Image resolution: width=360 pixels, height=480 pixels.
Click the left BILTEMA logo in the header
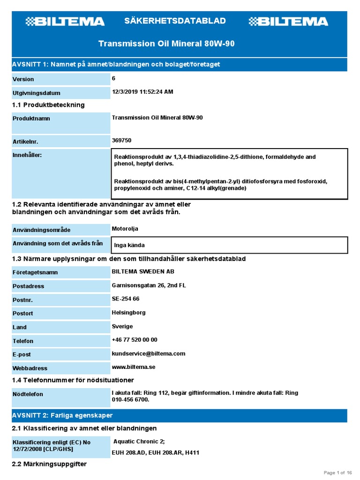point(65,22)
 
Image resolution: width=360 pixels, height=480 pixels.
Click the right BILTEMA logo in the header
point(288,22)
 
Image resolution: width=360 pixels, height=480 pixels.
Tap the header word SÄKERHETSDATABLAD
point(175,21)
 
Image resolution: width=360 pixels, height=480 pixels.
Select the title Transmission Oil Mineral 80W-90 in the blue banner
point(166,44)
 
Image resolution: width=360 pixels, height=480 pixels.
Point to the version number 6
point(113,78)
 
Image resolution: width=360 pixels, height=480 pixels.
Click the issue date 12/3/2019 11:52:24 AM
point(142,92)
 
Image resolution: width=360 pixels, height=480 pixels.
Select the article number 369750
point(121,140)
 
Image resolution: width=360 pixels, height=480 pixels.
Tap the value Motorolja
point(125,229)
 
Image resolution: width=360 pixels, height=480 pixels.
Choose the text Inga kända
point(129,245)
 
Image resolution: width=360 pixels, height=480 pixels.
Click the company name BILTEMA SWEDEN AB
point(143,271)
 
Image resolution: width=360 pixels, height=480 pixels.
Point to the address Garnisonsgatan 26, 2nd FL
point(149,285)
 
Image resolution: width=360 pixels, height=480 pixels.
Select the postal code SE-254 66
point(126,299)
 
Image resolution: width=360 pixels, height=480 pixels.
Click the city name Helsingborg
point(128,312)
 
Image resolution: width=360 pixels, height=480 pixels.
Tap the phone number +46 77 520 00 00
point(135,340)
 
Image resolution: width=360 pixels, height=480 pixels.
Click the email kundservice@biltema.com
point(149,353)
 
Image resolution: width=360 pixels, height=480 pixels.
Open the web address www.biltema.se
point(134,367)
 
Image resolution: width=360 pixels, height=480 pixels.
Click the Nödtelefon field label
point(28,394)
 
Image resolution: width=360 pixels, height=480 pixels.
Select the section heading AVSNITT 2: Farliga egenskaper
point(62,416)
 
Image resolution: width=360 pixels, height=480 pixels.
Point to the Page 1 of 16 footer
point(338,472)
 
